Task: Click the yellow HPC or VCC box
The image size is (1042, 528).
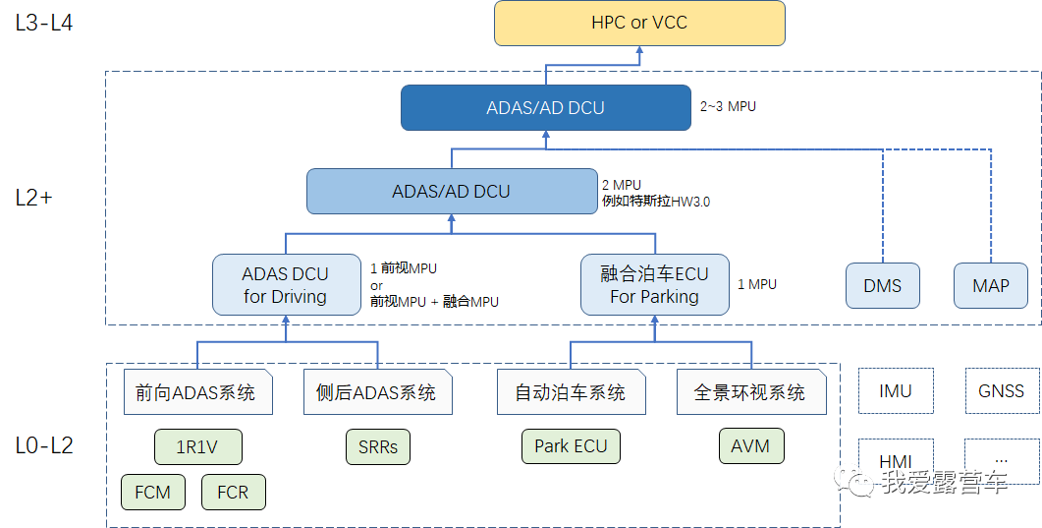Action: coord(639,23)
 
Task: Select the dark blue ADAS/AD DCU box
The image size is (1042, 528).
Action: coord(545,107)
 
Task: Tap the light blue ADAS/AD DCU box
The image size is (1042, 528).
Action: coord(451,191)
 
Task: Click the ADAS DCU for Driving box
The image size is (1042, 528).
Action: coord(286,284)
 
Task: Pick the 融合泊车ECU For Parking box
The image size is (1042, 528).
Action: coord(654,284)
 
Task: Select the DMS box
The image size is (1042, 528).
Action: coord(882,286)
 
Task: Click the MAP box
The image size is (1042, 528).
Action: coord(991,286)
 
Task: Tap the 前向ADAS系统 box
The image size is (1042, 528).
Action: coord(197,392)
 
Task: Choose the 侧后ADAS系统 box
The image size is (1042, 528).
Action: coord(377,392)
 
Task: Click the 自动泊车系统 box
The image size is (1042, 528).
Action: coord(571,392)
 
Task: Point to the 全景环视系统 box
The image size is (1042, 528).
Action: coord(750,392)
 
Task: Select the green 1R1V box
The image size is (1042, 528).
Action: coord(197,446)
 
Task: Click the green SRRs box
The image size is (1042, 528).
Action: coord(377,446)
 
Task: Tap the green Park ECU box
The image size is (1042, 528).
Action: coord(571,445)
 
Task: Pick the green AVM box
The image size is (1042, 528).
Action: coord(750,445)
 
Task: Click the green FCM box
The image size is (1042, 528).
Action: coord(153,492)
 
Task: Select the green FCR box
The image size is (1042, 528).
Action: coord(233,492)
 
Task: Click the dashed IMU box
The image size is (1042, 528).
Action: coord(896,390)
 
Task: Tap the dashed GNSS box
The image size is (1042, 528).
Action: coord(1001,390)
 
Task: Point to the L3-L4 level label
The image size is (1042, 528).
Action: coord(44,23)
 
